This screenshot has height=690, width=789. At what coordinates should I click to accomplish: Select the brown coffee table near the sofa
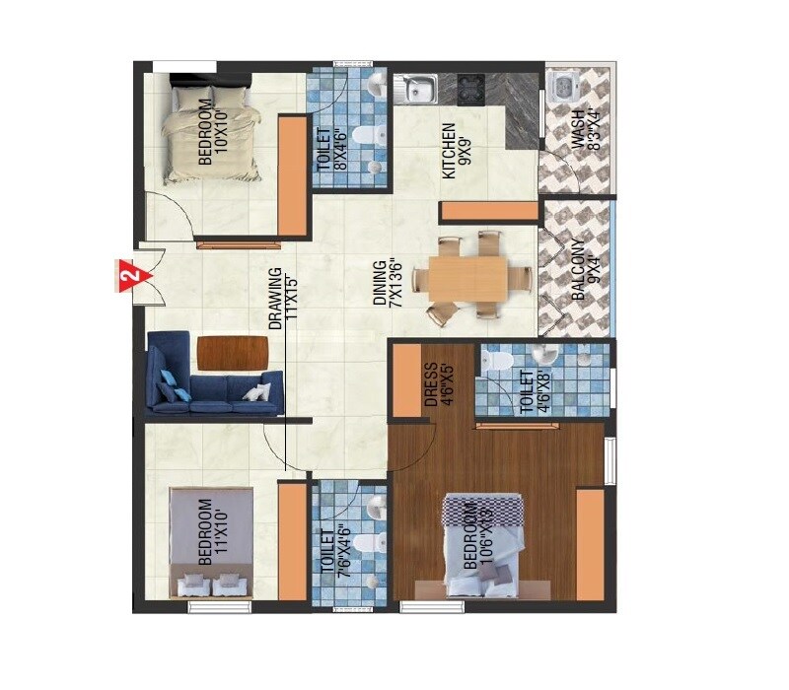click(233, 351)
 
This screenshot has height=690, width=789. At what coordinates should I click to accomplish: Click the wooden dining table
click(469, 276)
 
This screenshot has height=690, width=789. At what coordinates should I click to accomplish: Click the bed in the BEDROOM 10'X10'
click(211, 131)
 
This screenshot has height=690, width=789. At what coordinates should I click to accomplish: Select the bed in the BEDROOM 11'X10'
click(210, 542)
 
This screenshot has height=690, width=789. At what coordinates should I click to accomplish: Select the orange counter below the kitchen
click(490, 211)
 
